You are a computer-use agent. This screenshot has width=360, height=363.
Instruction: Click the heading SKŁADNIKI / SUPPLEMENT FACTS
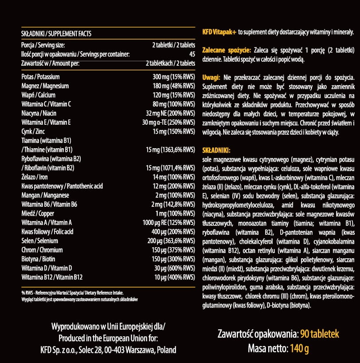coord(56,34)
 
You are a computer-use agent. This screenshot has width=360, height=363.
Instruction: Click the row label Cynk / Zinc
coord(33,131)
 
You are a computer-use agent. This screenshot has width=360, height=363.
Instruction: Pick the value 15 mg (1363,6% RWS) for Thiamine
coord(170,150)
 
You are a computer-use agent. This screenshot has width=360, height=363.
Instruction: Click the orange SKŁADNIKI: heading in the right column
coord(216,150)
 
